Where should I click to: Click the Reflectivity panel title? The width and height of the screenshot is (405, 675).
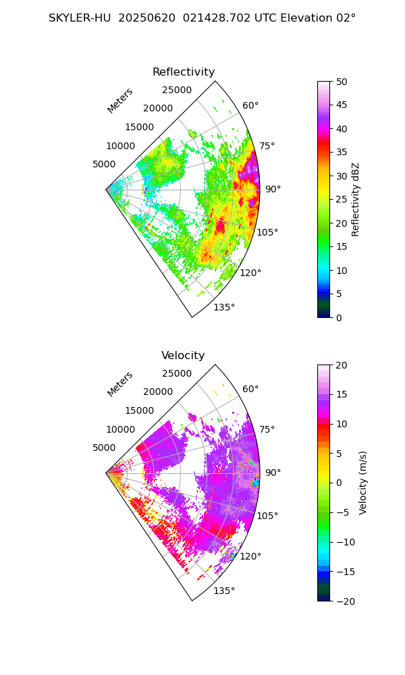tap(184, 72)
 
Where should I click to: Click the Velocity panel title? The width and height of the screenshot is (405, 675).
tap(183, 356)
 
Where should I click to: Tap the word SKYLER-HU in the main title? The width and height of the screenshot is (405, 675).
tap(80, 18)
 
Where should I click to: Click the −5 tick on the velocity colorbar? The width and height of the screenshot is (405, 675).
tap(344, 512)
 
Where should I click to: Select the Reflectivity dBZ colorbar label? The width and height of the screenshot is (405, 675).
tap(356, 199)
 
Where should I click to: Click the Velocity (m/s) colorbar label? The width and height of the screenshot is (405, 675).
tap(362, 483)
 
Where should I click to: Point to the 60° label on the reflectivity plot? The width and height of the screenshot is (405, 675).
tap(250, 105)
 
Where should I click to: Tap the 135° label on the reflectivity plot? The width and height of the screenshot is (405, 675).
tap(224, 308)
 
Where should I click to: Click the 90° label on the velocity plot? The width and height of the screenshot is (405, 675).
tap(273, 473)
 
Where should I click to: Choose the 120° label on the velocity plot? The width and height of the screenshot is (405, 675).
tap(250, 556)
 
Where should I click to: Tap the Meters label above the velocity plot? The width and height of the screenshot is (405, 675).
tap(120, 384)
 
